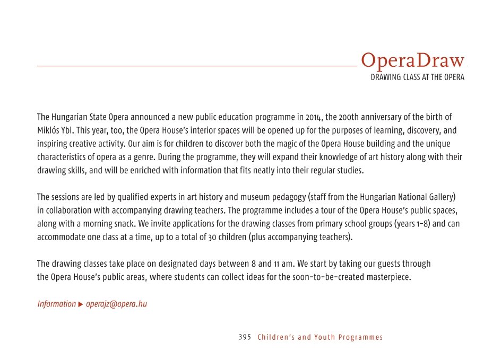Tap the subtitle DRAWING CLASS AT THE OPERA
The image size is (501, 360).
tap(417, 77)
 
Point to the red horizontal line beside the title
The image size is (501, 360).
tap(196, 66)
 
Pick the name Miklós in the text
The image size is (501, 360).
tap(47, 130)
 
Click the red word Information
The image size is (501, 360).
tap(56, 304)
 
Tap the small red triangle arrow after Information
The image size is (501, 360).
tap(81, 304)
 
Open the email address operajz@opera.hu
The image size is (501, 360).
tap(116, 304)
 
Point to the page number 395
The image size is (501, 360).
tap(245, 337)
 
